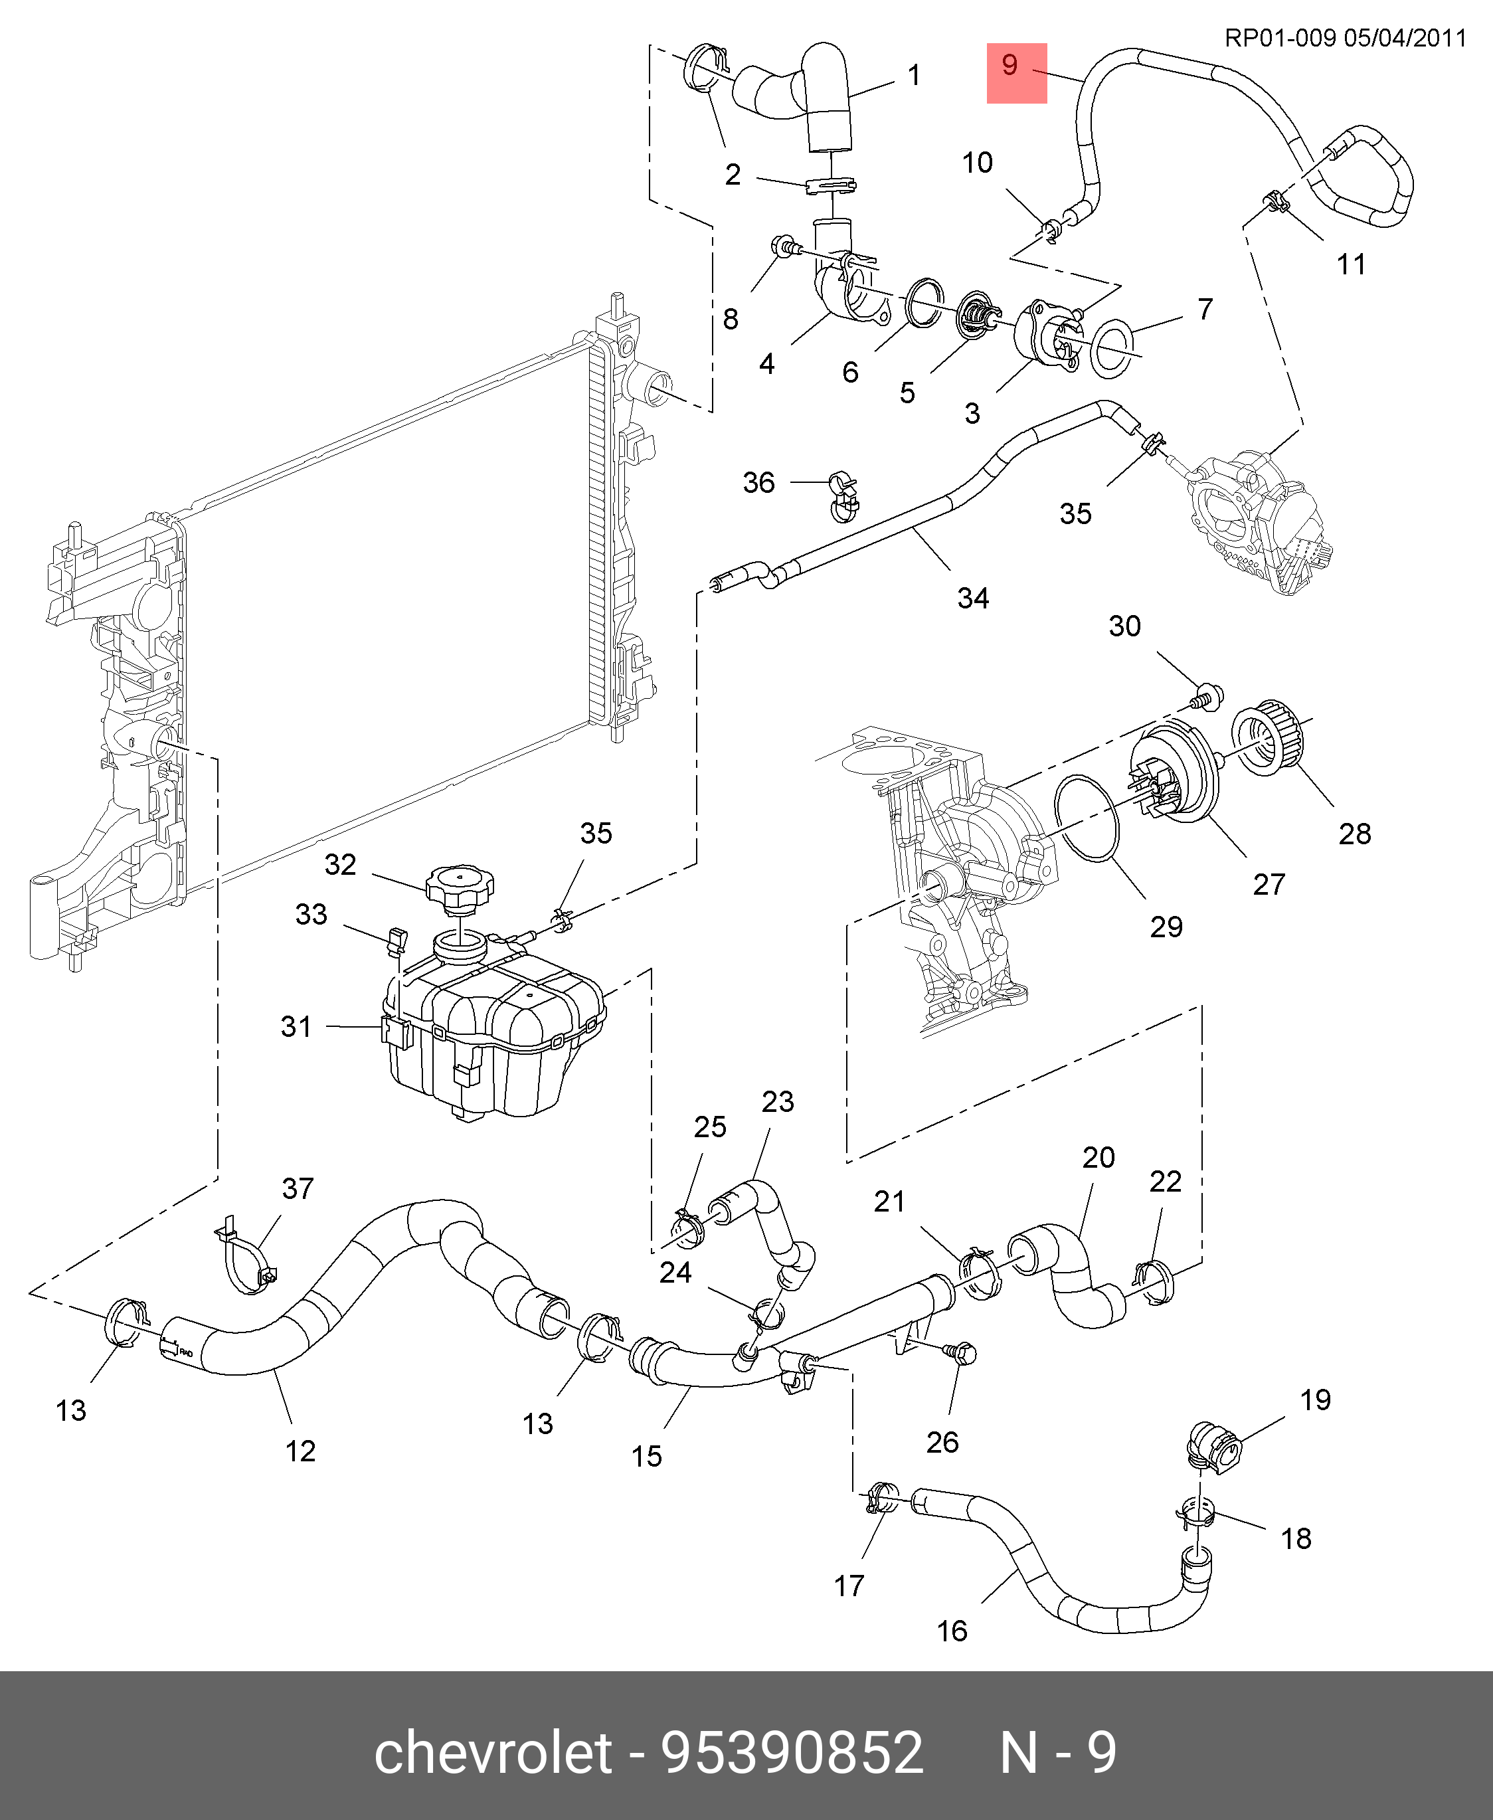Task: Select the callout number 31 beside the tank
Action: tap(296, 1026)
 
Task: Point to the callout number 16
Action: tap(952, 1630)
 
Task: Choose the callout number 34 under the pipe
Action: tap(973, 598)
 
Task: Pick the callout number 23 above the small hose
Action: tap(778, 1102)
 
